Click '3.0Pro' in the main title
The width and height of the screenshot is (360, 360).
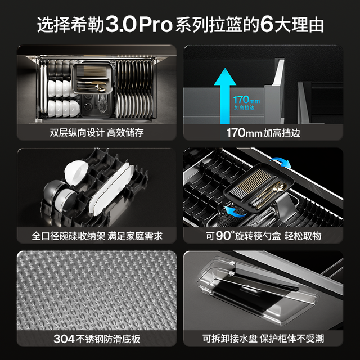pyautogui.click(x=139, y=25)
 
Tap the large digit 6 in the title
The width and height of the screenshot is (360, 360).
pyautogui.click(x=267, y=25)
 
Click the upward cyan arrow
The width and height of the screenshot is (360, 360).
pyautogui.click(x=225, y=96)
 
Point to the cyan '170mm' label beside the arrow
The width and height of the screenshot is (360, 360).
pyautogui.click(x=246, y=100)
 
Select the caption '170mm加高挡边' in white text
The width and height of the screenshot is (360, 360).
pyautogui.click(x=263, y=133)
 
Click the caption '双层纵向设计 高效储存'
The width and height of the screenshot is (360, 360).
pyautogui.click(x=97, y=133)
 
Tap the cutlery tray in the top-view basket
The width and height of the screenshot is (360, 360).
pyautogui.click(x=92, y=78)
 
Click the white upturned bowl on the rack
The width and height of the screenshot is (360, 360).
pyautogui.click(x=76, y=171)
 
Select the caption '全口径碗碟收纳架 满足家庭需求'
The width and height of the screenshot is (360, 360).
pyautogui.click(x=97, y=236)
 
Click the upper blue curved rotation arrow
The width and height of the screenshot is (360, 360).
pyautogui.click(x=281, y=161)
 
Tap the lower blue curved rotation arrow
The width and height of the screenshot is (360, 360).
pyautogui.click(x=235, y=212)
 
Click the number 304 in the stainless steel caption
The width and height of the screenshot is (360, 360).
pyautogui.click(x=64, y=339)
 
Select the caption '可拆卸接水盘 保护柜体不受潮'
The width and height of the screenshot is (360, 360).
pyautogui.click(x=263, y=339)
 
